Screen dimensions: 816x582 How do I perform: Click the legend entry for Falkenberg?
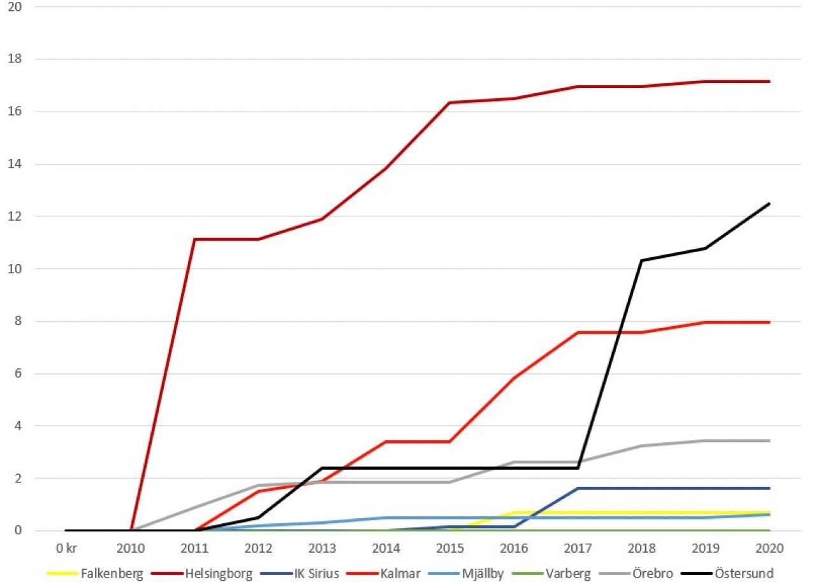(96, 573)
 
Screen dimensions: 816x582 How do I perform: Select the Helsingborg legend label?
(201, 573)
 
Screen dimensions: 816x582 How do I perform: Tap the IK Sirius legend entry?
(300, 573)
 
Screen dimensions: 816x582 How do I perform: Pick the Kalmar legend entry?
(383, 573)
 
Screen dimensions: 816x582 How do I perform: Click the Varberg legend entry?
(551, 573)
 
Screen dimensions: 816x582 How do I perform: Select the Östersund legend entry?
(727, 573)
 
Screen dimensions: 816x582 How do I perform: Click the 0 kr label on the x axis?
(66, 548)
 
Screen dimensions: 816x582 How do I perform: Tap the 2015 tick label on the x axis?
(450, 548)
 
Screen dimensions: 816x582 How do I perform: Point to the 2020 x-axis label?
(769, 548)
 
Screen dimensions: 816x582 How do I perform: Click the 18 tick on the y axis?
(15, 59)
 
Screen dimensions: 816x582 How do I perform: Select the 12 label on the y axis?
(15, 216)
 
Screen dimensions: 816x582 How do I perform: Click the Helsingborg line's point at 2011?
(194, 239)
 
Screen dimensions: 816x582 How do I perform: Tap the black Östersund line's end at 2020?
(769, 204)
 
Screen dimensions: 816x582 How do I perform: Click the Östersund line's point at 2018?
(641, 260)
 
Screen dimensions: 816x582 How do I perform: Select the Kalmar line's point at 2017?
(578, 332)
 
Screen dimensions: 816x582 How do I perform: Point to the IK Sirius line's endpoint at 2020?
(769, 488)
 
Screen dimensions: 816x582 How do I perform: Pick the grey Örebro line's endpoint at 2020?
(769, 441)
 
